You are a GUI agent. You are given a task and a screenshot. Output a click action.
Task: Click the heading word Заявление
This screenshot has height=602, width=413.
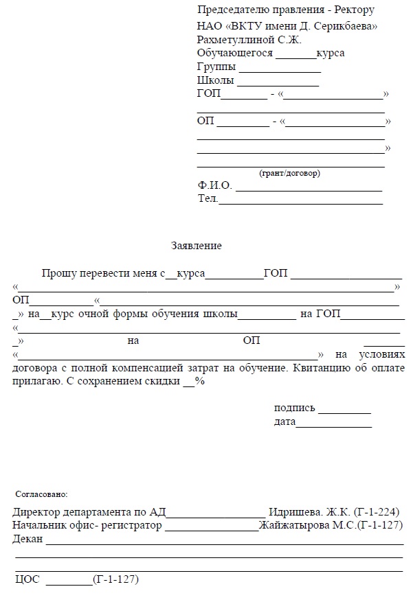pyautogui.click(x=196, y=245)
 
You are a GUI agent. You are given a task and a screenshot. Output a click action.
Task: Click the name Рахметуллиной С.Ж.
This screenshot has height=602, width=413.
pyautogui.click(x=240, y=40)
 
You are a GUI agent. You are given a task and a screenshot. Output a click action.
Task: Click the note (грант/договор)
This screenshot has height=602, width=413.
pyautogui.click(x=289, y=173)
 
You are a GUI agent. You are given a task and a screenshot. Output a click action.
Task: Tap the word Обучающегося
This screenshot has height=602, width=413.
pyautogui.click(x=235, y=54)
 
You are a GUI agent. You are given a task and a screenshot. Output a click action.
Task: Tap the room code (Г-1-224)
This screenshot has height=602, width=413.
pyautogui.click(x=377, y=512)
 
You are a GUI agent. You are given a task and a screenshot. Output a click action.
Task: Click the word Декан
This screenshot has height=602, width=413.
pyautogui.click(x=27, y=540)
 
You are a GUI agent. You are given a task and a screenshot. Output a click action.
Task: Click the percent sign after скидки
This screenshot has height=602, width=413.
pyautogui.click(x=201, y=382)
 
